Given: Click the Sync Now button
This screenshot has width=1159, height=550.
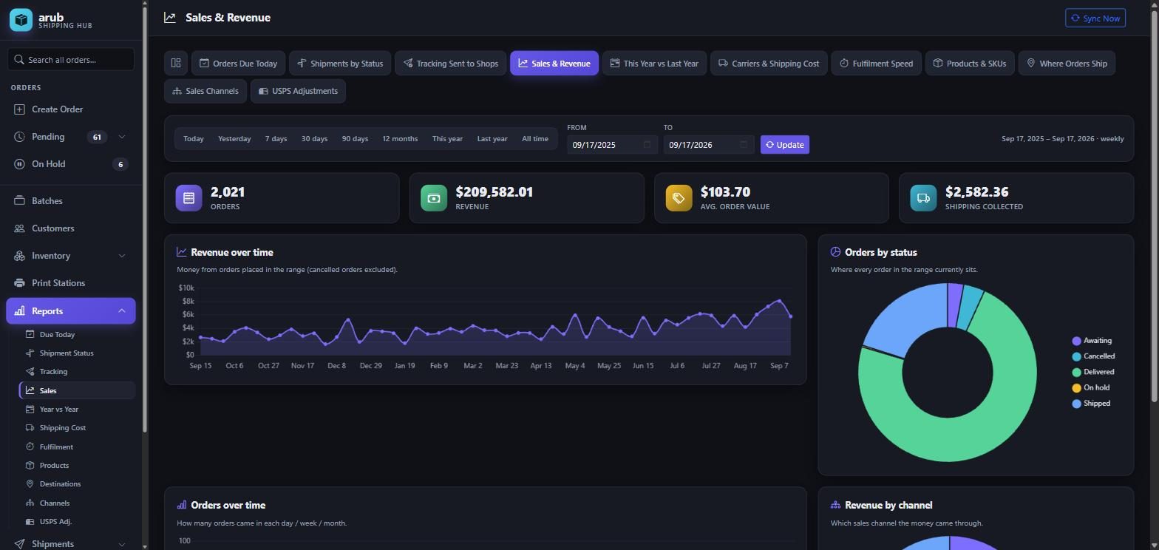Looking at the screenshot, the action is [x=1095, y=18].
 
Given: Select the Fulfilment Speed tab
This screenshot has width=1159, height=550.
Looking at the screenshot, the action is [x=876, y=63].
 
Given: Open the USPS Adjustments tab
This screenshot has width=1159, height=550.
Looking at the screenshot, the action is [x=298, y=91].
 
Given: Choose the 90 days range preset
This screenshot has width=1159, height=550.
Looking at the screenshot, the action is [x=355, y=139].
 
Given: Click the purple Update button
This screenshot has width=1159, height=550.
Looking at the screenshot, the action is [x=784, y=145].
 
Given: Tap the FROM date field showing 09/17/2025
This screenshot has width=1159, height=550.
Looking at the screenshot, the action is [x=612, y=145].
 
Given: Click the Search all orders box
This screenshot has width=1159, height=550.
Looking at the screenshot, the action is [x=71, y=59].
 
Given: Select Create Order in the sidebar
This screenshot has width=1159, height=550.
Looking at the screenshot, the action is [x=57, y=109].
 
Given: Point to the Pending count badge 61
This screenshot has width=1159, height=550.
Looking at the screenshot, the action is [x=97, y=137].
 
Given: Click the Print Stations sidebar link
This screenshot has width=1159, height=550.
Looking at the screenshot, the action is [x=58, y=283].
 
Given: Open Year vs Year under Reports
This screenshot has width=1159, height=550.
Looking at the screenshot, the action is [x=59, y=410].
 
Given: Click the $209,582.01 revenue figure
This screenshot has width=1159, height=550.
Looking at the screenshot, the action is [x=494, y=192].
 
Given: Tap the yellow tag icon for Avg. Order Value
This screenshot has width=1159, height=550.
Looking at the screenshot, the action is [x=679, y=198].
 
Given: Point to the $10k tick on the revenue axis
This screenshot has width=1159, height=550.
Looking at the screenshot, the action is [x=186, y=288].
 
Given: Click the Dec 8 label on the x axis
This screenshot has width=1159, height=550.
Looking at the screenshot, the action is [x=336, y=366].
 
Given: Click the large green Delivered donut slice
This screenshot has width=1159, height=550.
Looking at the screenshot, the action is [x=947, y=439].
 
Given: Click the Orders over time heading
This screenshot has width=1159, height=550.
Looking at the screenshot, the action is [x=228, y=505].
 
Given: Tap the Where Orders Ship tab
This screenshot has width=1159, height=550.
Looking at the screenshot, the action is [x=1067, y=63].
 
